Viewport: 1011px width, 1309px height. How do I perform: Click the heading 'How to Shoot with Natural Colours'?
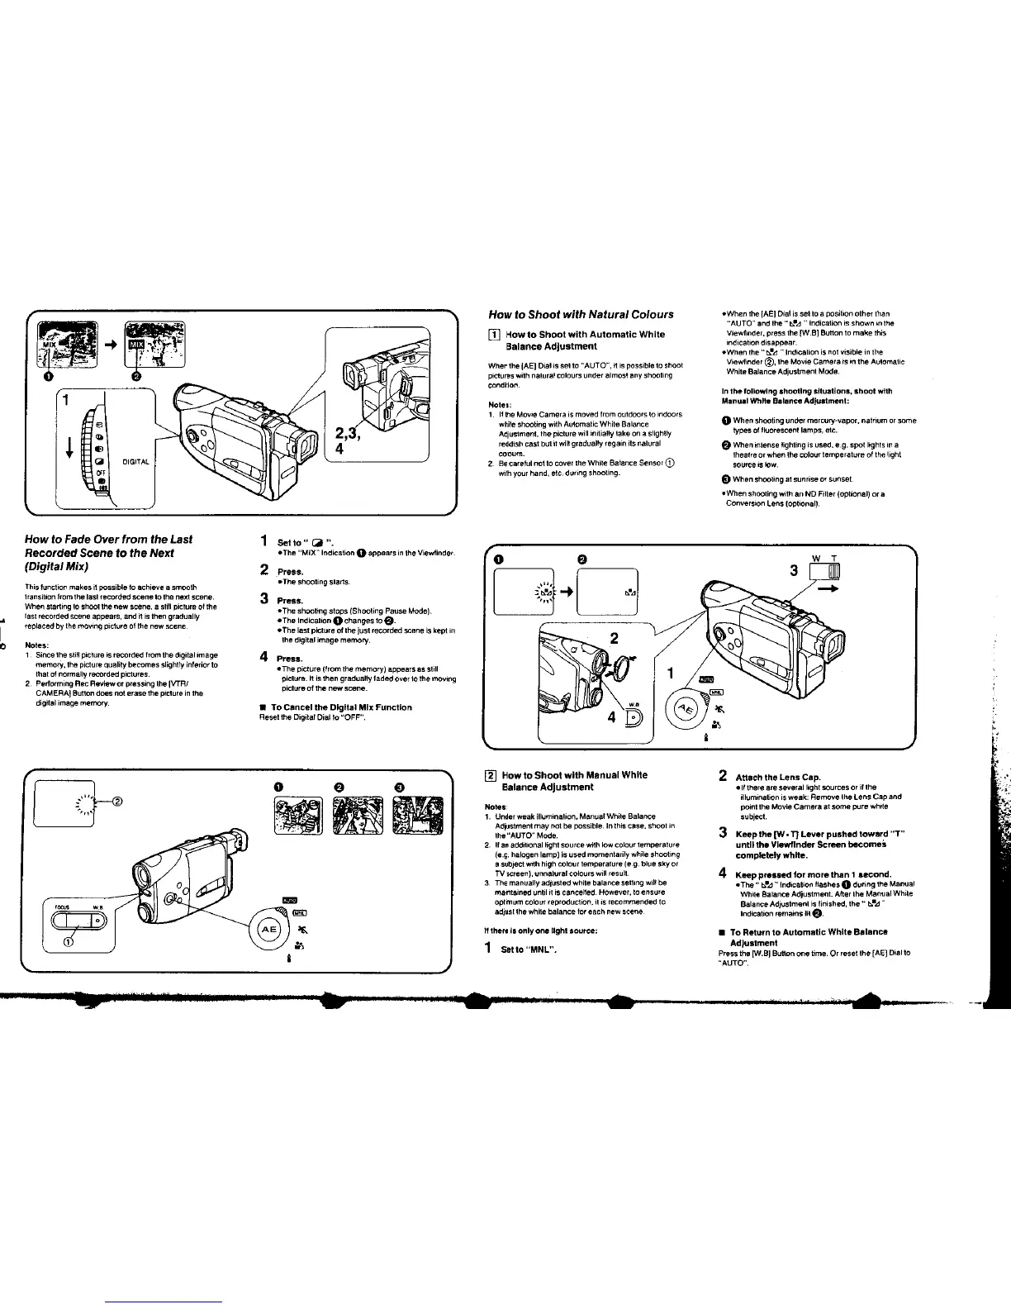[581, 314]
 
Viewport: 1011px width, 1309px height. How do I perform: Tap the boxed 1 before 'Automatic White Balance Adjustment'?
[494, 334]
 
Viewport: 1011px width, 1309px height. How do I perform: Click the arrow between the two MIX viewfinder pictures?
[107, 344]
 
